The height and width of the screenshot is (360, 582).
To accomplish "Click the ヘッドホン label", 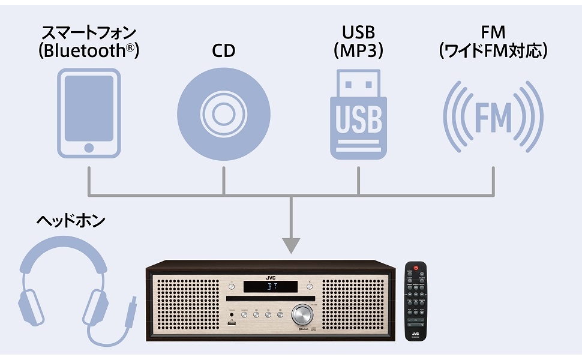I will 70,220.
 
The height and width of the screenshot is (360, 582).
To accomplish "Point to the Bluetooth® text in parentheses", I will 89,50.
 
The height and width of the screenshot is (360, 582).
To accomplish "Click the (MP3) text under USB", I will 359,50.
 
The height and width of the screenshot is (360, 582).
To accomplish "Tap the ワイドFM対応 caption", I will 493,50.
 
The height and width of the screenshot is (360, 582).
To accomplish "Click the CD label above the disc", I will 223,50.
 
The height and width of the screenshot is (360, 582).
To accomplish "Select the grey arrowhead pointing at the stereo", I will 291,245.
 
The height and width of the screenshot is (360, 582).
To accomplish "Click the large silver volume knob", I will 302,314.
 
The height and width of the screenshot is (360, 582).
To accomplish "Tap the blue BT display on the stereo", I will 271,287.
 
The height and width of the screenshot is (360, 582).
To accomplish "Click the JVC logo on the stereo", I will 271,277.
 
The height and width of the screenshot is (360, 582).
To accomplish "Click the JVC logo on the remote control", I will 415,329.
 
